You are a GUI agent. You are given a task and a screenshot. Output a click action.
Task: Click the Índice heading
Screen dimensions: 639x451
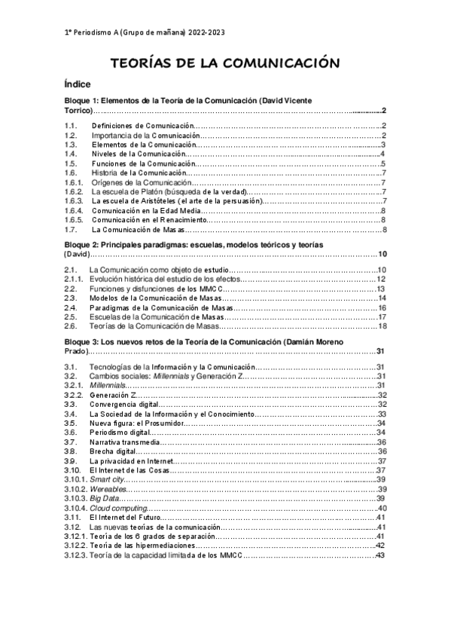point(78,85)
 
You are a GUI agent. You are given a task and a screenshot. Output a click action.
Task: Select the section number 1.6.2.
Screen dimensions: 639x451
point(73,191)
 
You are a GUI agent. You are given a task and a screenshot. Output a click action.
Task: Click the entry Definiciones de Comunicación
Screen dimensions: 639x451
point(143,125)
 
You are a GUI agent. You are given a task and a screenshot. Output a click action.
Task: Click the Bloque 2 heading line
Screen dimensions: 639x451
point(194,246)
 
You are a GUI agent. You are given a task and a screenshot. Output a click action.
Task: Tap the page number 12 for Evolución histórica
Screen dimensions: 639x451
point(381,280)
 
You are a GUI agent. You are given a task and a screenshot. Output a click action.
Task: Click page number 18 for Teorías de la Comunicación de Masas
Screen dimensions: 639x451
point(382,327)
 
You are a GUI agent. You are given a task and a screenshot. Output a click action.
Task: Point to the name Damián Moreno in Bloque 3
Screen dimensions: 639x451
point(317,341)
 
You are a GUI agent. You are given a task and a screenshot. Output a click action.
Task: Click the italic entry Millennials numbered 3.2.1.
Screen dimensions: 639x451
point(108,385)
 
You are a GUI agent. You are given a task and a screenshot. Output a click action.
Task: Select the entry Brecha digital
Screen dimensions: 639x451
point(114,451)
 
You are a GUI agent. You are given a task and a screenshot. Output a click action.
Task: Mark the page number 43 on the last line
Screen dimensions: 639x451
point(380,555)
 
